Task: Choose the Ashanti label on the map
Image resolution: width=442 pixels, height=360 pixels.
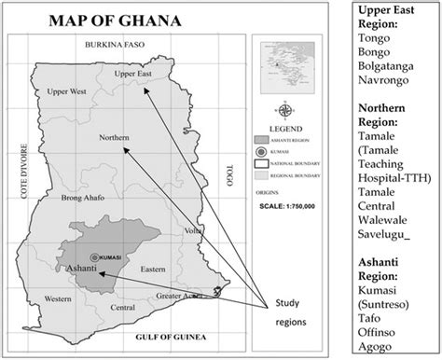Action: click(x=79, y=270)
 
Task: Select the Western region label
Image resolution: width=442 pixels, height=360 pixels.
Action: click(x=58, y=298)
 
